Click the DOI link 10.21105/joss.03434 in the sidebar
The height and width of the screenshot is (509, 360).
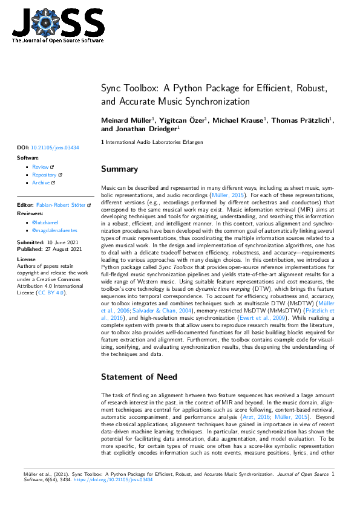point(55,147)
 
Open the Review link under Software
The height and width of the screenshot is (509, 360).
point(41,167)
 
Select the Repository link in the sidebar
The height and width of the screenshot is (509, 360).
point(45,175)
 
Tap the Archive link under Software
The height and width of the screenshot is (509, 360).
point(41,183)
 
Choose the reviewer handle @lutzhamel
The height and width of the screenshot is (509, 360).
point(45,223)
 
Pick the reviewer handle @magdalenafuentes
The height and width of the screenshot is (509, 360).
point(54,231)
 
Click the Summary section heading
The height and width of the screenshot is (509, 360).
point(119,169)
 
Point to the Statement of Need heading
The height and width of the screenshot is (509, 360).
point(139,377)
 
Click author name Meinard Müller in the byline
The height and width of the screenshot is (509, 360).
point(126,121)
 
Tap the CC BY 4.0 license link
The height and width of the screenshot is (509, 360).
point(50,292)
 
